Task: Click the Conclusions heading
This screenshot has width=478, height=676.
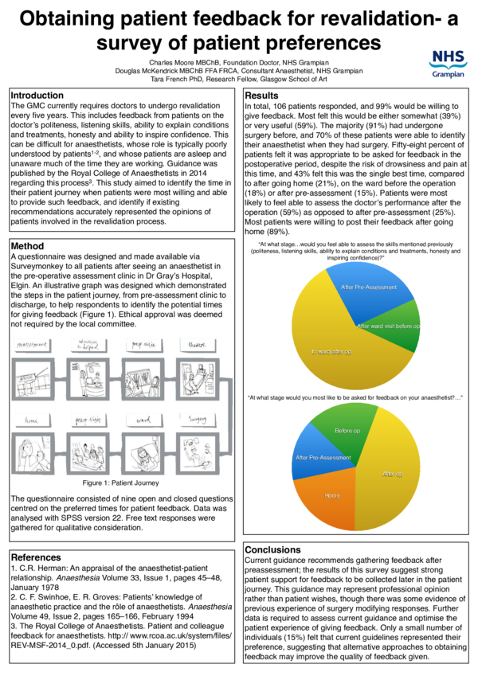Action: click(273, 549)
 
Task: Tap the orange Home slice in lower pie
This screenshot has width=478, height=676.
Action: click(331, 497)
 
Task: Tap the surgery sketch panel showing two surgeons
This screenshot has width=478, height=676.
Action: click(195, 450)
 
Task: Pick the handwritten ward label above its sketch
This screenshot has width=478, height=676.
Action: click(143, 418)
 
